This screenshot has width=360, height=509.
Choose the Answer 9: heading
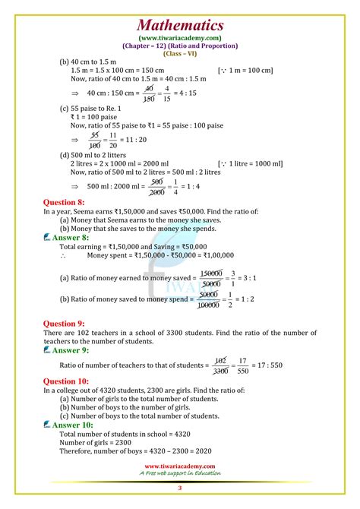71,350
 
